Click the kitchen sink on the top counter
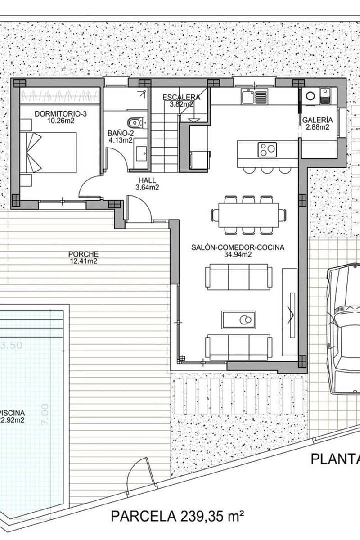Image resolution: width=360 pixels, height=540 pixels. [x=254, y=97]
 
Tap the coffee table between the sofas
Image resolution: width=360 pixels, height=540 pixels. [x=238, y=319]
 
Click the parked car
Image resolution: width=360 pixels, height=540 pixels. [x=344, y=328]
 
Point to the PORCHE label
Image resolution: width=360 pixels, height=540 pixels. [x=84, y=254]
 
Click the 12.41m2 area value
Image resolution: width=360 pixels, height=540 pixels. [x=84, y=261]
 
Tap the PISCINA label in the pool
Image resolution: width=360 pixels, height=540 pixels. [x=13, y=413]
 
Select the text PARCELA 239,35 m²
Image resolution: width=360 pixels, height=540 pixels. [x=177, y=515]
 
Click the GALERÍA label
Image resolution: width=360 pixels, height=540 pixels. [x=317, y=120]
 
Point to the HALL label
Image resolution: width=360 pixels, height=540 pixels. [x=147, y=180]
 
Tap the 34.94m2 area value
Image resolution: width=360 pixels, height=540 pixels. [x=238, y=255]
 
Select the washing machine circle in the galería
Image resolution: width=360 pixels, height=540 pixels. [x=310, y=95]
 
